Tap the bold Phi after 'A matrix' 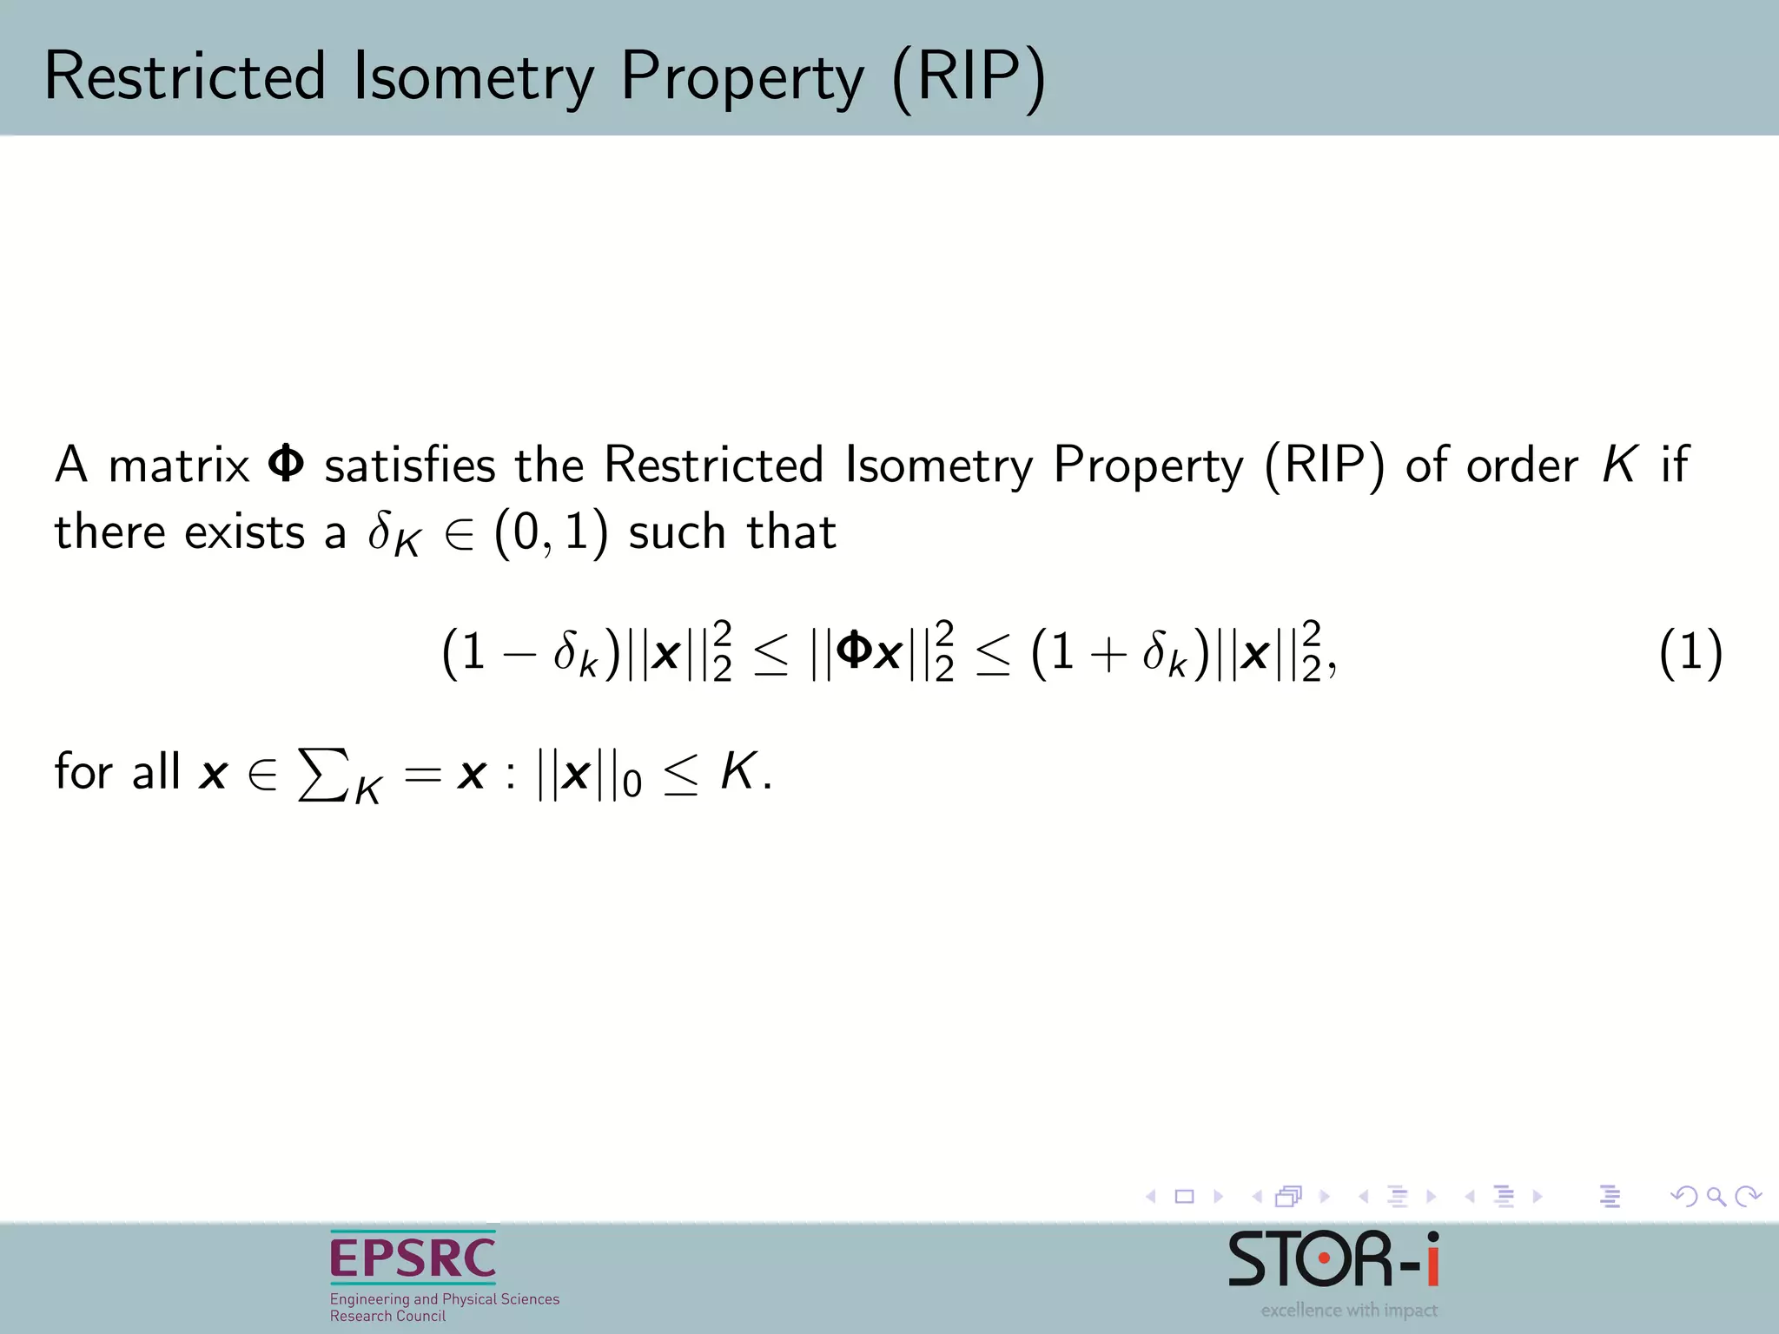point(286,464)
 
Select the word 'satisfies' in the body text point(409,464)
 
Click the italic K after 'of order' point(1619,464)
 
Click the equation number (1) point(1690,653)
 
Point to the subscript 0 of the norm point(632,784)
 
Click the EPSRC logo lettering point(413,1258)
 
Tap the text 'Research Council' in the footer point(387,1316)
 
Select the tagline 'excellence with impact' point(1349,1310)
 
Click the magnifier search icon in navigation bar point(1716,1197)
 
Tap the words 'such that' point(732,532)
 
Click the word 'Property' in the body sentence point(1148,466)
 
